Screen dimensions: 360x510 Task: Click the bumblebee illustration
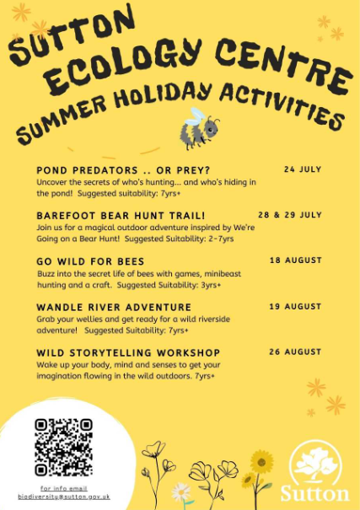tap(199, 128)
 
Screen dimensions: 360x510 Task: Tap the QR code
tap(64, 448)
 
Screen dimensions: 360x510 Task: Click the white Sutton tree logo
tap(315, 462)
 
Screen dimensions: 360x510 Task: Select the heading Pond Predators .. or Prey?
tap(123, 170)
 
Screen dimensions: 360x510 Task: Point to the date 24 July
tap(303, 169)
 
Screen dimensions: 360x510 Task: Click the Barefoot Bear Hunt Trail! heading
tap(121, 216)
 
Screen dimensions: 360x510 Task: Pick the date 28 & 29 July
tap(290, 215)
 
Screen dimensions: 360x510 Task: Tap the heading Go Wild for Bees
tap(90, 261)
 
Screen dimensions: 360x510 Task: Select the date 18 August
tap(296, 260)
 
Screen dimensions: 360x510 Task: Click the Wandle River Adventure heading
tap(114, 307)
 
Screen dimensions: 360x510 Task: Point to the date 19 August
tap(295, 306)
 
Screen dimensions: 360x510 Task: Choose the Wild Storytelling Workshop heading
tap(128, 352)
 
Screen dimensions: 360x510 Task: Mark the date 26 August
tap(295, 352)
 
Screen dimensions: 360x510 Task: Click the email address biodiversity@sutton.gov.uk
tap(64, 497)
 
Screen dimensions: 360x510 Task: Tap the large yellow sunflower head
tap(262, 462)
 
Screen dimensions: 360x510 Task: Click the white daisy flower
tap(180, 492)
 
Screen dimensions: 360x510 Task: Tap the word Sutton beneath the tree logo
tap(315, 494)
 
